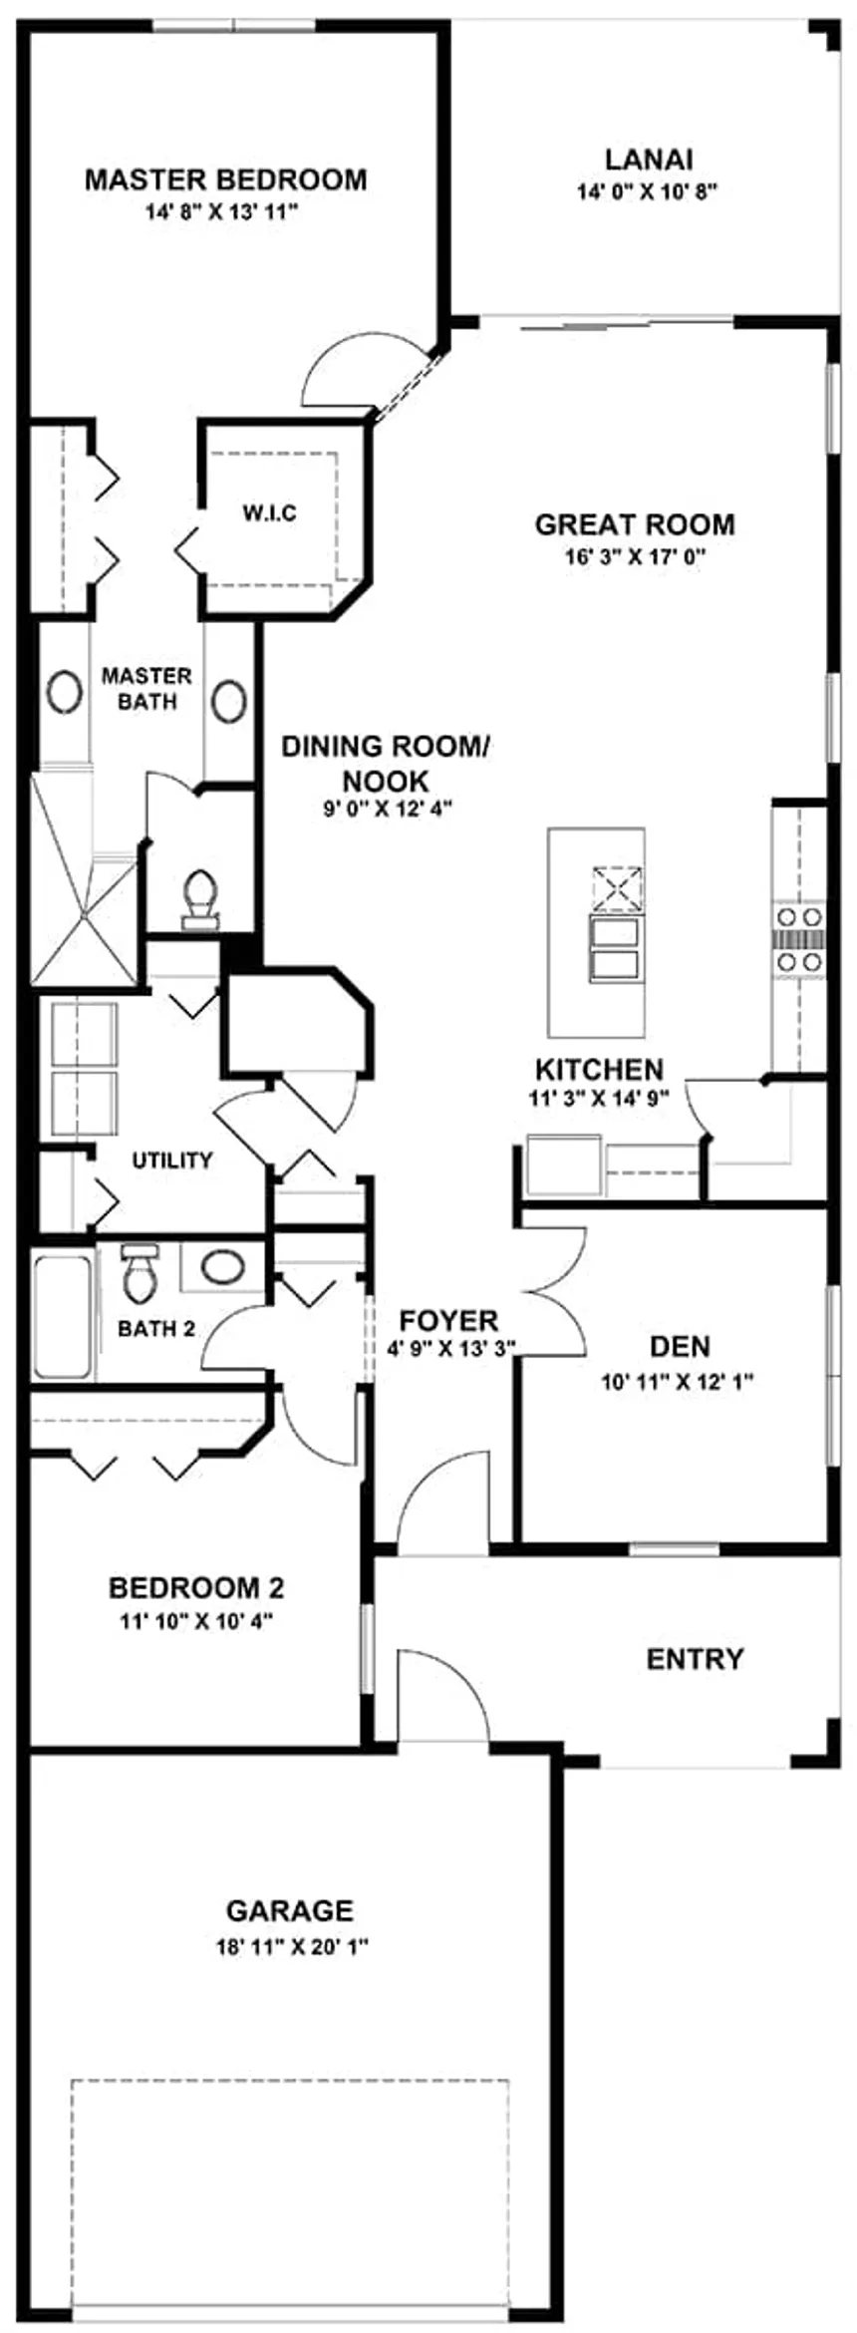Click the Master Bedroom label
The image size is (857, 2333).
[225, 179]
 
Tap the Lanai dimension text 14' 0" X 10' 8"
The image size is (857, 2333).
[648, 191]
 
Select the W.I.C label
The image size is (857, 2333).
[269, 513]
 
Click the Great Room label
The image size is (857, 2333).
[635, 524]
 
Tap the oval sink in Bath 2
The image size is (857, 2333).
[222, 1267]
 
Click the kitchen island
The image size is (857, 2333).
[595, 932]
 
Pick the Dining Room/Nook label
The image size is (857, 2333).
[386, 763]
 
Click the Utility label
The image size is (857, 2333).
[172, 1160]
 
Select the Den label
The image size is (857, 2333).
[680, 1347]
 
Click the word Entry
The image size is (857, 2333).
[695, 1659]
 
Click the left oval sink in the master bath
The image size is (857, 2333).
[65, 692]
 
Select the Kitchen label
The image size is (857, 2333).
[599, 1070]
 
